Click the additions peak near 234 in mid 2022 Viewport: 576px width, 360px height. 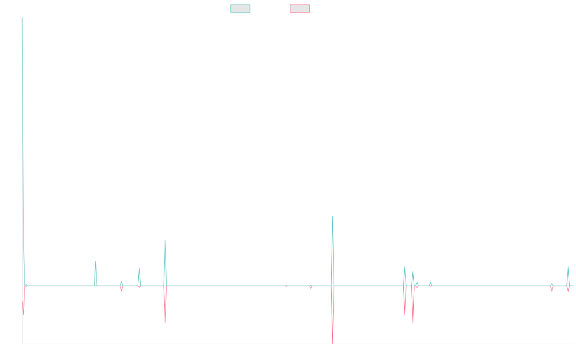pos(333,216)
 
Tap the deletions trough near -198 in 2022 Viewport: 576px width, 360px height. pos(333,343)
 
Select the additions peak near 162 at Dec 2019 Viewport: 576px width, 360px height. pos(165,240)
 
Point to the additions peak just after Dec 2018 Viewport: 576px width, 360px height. pos(96,261)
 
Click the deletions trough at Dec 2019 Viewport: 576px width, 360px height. pos(165,322)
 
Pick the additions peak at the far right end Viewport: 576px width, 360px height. pos(568,266)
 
